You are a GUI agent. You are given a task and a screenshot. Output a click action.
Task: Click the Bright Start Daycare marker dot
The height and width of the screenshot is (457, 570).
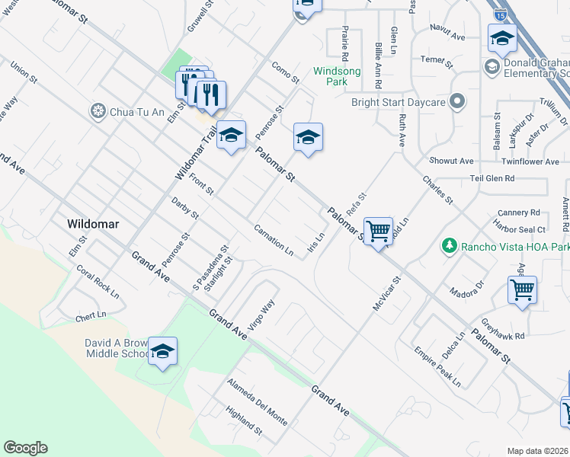pyautogui.click(x=457, y=101)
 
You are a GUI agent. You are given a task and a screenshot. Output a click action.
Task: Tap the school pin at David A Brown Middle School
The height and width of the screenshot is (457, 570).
pyautogui.click(x=162, y=351)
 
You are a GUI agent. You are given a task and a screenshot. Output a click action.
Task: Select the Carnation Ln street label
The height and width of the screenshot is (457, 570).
pyautogui.click(x=274, y=239)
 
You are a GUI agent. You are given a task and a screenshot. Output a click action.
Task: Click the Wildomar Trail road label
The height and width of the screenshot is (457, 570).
pyautogui.click(x=195, y=152)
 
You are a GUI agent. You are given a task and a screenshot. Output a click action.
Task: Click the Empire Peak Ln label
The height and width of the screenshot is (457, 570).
pyautogui.click(x=437, y=368)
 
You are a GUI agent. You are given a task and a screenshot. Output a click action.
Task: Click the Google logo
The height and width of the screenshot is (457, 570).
pyautogui.click(x=25, y=448)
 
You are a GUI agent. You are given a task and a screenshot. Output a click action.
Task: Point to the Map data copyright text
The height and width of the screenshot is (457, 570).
pyautogui.click(x=536, y=451)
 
